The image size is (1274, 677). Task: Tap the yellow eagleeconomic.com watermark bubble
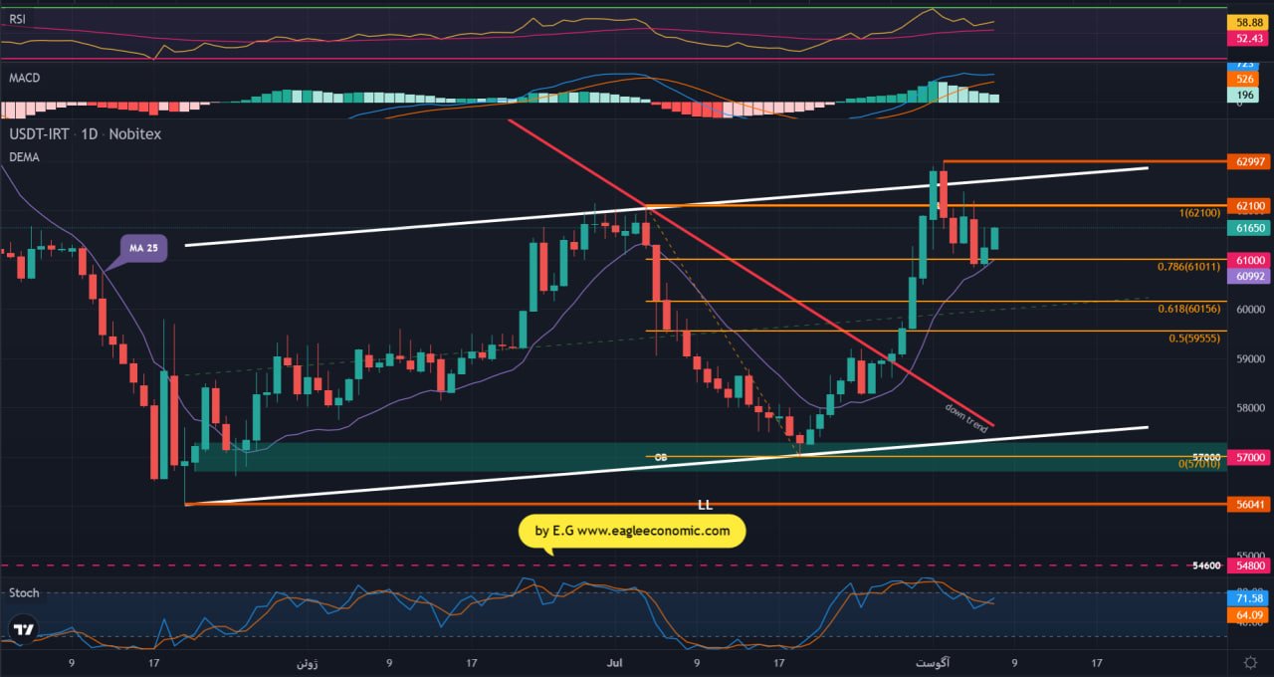point(632,531)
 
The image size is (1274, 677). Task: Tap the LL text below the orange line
point(705,505)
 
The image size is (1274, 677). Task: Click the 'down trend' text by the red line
point(965,417)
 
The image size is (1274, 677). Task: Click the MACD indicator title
point(24,78)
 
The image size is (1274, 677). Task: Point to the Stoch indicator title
point(24,592)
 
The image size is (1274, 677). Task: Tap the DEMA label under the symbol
point(24,157)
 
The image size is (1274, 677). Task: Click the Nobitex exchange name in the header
point(134,133)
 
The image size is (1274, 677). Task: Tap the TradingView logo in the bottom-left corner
point(23,629)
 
